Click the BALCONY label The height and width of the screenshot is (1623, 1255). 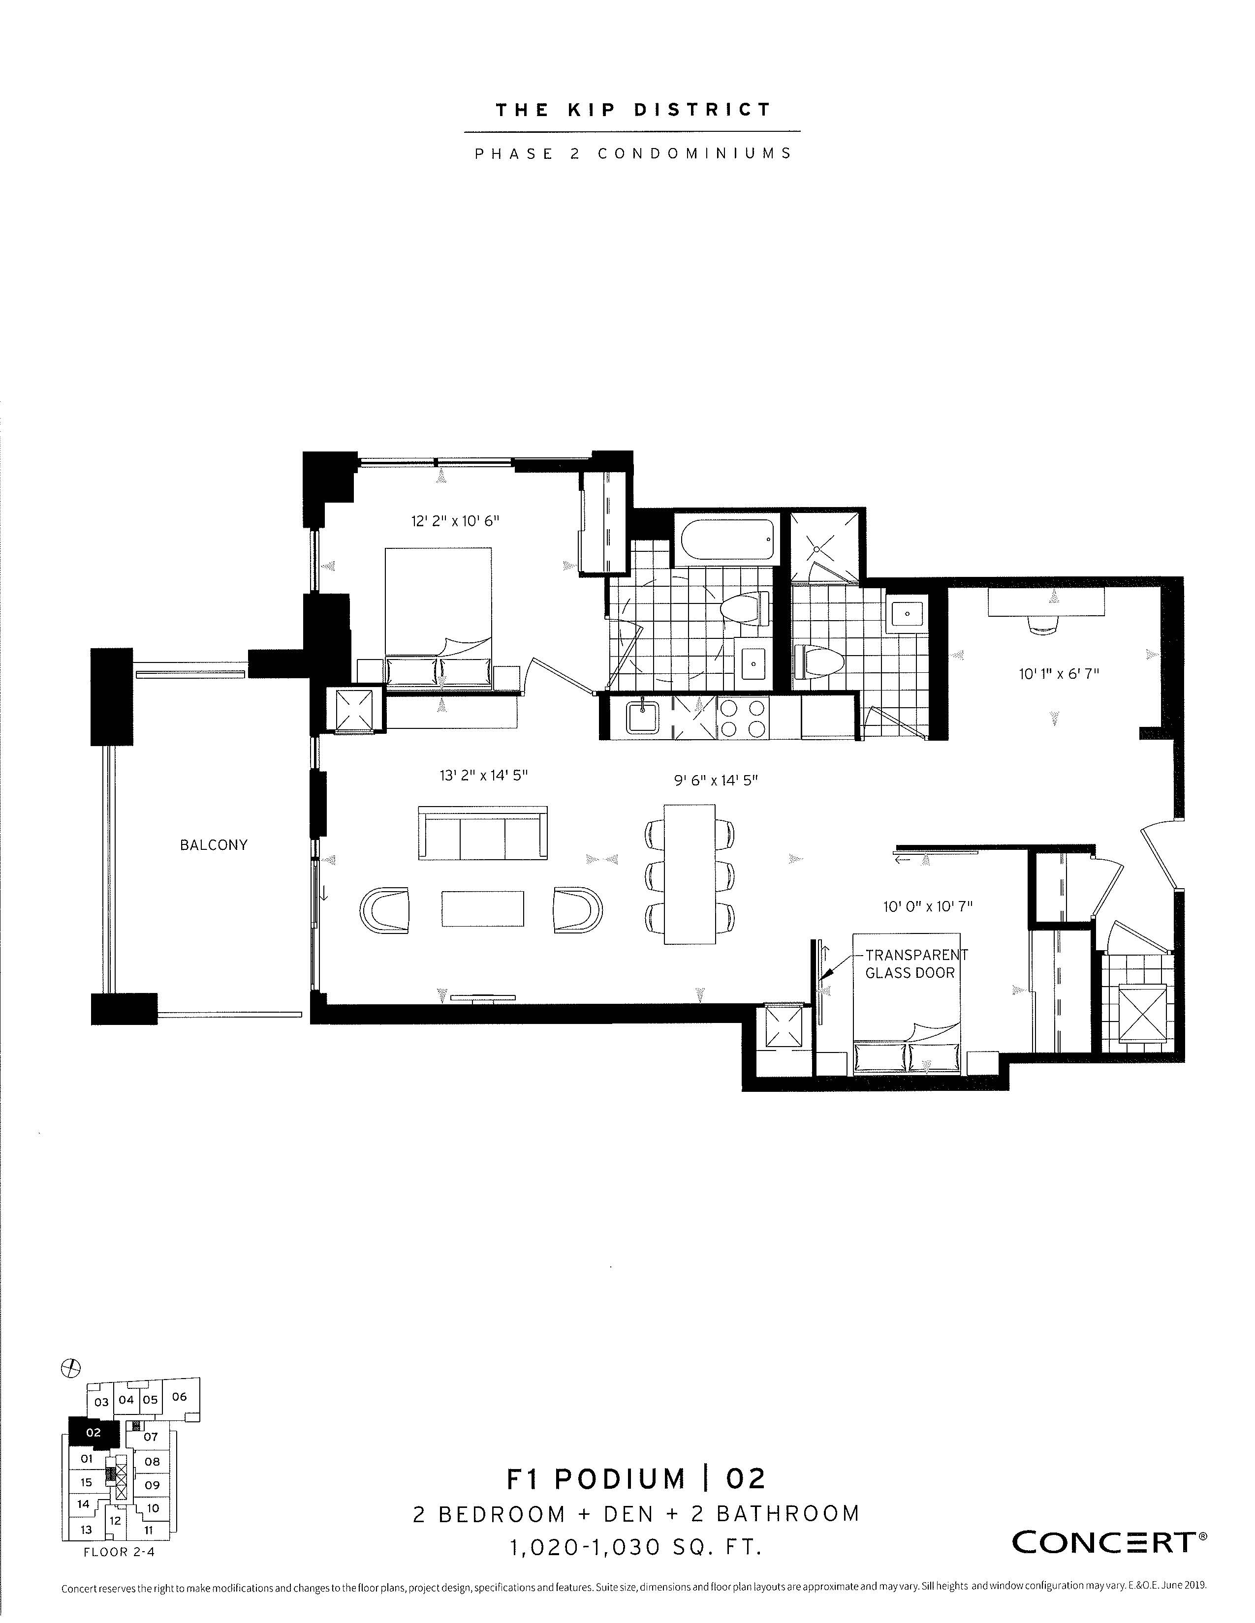pyautogui.click(x=214, y=845)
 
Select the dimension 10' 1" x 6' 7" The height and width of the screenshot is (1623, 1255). pyautogui.click(x=1059, y=675)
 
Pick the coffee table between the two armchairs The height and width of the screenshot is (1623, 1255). pyautogui.click(x=482, y=908)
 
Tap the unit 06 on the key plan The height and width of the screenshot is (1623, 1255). pyautogui.click(x=179, y=1396)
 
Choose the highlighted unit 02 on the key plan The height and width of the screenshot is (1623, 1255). pyautogui.click(x=93, y=1432)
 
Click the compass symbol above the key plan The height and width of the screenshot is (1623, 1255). pyautogui.click(x=71, y=1366)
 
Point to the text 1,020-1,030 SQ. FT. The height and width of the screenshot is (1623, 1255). pyautogui.click(x=636, y=1547)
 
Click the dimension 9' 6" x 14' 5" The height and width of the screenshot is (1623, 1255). pyautogui.click(x=715, y=781)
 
